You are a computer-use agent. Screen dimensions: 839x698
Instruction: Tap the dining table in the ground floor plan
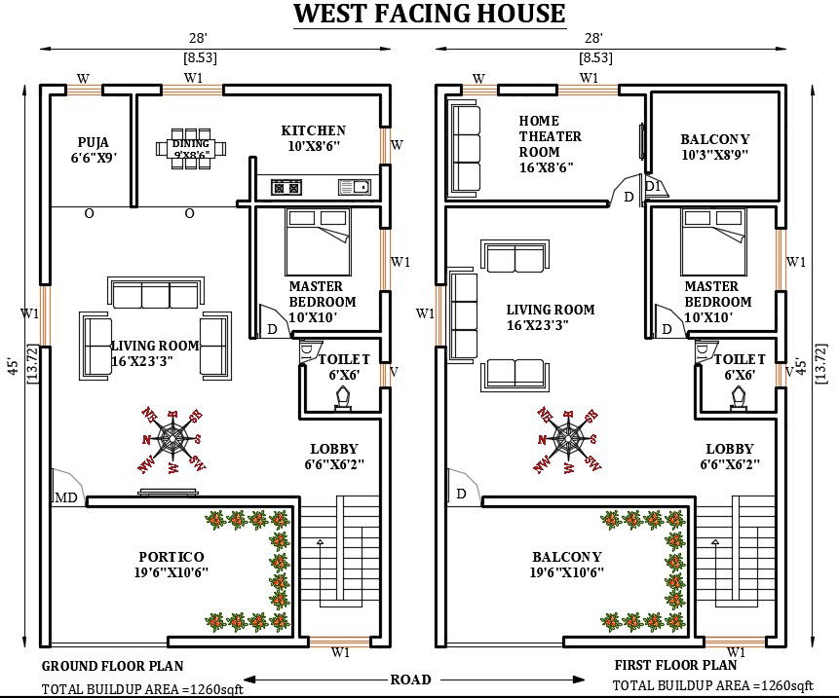[191, 149]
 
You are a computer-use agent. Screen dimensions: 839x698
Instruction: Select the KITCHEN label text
[314, 129]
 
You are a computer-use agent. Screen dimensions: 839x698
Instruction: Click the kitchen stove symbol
[286, 187]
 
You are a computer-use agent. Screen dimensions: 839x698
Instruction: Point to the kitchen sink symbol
[355, 187]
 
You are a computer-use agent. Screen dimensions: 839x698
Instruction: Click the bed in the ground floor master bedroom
[318, 241]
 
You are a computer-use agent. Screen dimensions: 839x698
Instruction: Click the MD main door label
[66, 498]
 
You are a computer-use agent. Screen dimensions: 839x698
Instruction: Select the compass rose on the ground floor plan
[172, 440]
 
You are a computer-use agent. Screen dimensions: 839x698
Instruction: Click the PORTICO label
[172, 557]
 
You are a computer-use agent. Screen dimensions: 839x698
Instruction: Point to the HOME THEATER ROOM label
[550, 144]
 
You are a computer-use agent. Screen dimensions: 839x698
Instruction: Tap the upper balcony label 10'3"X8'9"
[715, 155]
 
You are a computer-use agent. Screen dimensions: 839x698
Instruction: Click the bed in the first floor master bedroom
[713, 241]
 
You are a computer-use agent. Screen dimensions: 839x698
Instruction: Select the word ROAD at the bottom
[410, 680]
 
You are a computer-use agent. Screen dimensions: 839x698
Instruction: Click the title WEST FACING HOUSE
[429, 14]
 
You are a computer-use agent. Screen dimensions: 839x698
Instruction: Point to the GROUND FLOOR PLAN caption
[112, 666]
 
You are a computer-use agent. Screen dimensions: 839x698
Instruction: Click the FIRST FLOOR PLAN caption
[675, 666]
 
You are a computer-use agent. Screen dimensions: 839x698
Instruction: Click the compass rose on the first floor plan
[568, 440]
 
